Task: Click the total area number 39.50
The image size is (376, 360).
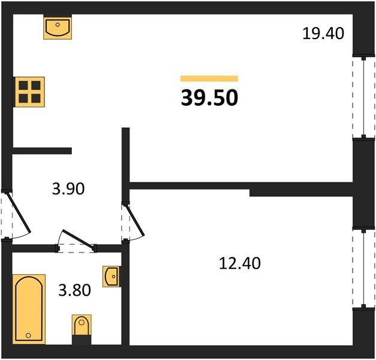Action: pos(209,97)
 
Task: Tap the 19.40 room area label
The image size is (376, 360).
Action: pos(323,34)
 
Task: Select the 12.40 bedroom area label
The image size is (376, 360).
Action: pos(240,263)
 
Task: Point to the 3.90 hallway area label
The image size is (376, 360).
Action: pos(68,188)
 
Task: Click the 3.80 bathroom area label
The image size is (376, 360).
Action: pos(74,290)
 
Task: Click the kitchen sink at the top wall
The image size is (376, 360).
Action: pos(58,27)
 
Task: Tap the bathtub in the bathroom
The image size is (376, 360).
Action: pos(29,309)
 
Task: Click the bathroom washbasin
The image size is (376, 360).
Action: pos(112,277)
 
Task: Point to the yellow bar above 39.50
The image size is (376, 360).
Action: pos(209,79)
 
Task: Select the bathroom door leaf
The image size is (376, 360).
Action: pos(78,238)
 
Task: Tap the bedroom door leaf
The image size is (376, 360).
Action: pos(134,220)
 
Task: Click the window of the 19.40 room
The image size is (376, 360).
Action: pos(364,97)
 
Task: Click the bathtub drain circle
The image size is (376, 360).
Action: pos(28,335)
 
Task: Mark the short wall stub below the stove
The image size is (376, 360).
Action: pos(42,151)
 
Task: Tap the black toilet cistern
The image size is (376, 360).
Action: pos(82,340)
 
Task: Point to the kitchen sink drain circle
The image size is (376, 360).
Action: pos(58,25)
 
